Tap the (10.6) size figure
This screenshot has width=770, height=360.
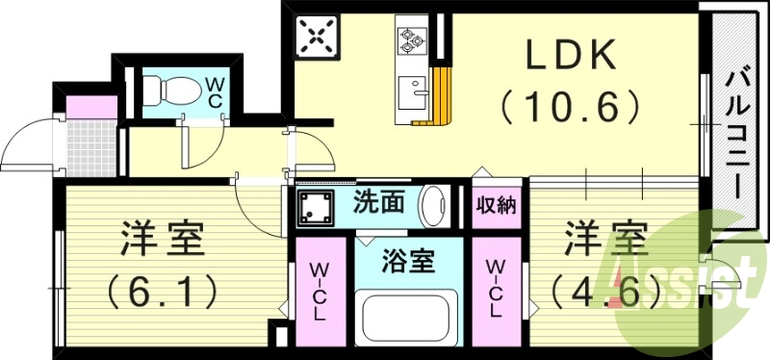click(x=569, y=105)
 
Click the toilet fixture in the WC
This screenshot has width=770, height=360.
click(x=175, y=92)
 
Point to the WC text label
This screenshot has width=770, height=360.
click(x=214, y=91)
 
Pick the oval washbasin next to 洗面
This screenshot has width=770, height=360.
click(x=434, y=205)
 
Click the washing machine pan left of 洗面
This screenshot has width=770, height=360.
click(x=314, y=206)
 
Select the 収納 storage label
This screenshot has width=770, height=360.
click(x=496, y=204)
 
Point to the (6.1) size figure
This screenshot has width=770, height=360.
click(x=164, y=289)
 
